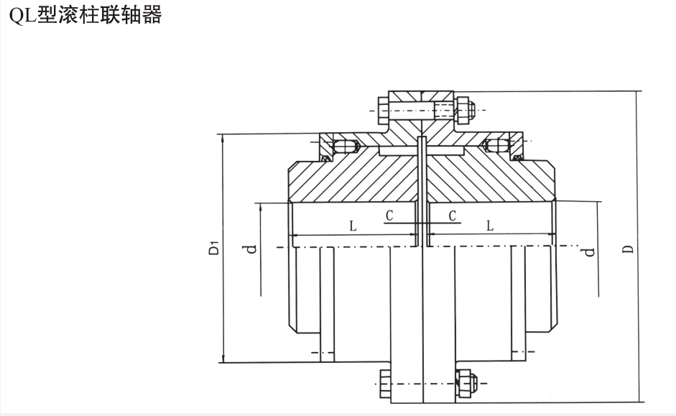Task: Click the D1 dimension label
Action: [x=213, y=249]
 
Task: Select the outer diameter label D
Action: [x=627, y=249]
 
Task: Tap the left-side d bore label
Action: [x=250, y=249]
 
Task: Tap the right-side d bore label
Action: [x=588, y=251]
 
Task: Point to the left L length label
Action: [x=353, y=226]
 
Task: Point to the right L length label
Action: [x=489, y=226]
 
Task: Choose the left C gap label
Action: [x=389, y=215]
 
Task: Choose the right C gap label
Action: [x=452, y=215]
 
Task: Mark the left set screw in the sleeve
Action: [x=349, y=147]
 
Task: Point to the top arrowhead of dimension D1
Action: [x=223, y=139]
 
